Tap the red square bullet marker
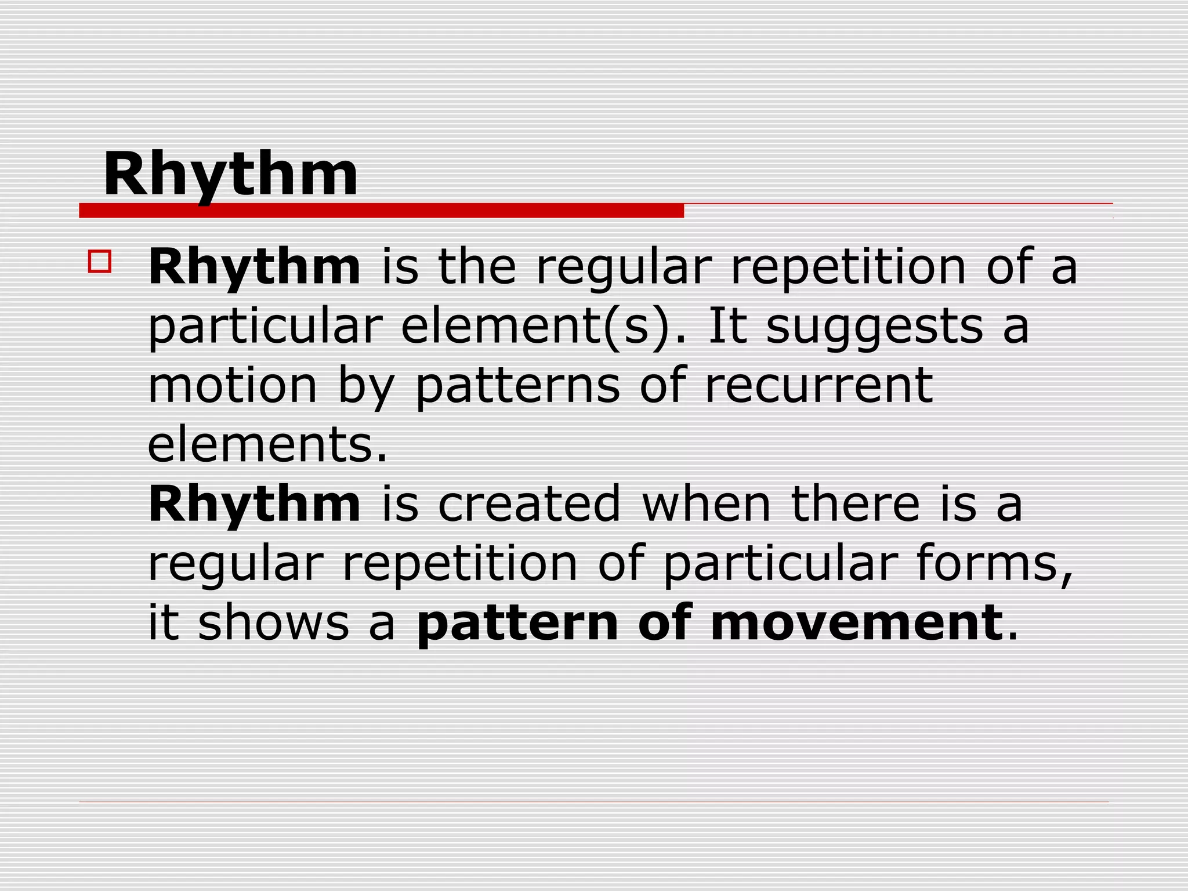pyautogui.click(x=99, y=261)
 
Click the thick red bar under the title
pyautogui.click(x=381, y=211)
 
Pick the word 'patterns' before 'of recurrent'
pyautogui.click(x=518, y=387)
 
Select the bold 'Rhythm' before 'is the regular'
pyautogui.click(x=255, y=268)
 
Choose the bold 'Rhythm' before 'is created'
pyautogui.click(x=255, y=505)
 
